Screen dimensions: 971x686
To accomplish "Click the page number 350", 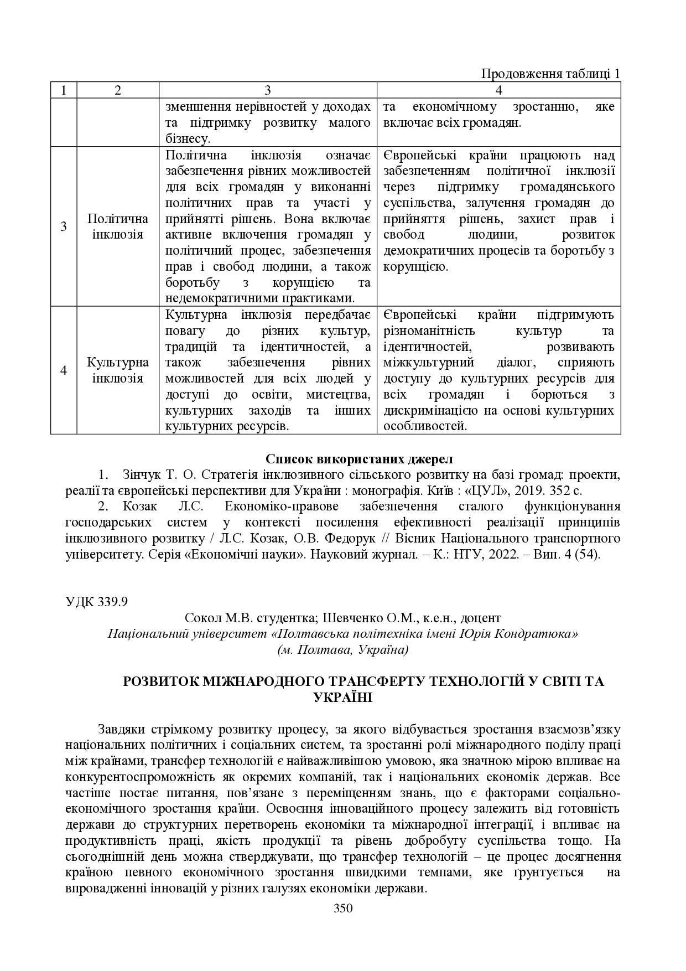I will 343,908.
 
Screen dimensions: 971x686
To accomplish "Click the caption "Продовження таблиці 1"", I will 550,74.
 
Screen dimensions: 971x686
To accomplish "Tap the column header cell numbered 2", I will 117,90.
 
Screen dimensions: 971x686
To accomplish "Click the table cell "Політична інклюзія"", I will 117,226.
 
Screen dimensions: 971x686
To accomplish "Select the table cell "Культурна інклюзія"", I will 117,370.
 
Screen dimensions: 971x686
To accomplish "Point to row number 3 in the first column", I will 64,226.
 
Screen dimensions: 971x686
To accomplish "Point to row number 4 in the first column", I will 64,370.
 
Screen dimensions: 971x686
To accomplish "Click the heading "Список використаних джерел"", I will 359,459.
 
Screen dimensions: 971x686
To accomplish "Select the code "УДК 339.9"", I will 97,602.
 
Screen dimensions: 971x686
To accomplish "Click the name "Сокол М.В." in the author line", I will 211,618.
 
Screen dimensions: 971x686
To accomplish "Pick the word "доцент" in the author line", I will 481,618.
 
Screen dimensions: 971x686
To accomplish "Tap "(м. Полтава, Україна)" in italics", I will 343,650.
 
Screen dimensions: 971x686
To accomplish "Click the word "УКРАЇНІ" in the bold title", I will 343,698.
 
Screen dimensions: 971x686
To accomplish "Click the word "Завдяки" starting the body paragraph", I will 118,730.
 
